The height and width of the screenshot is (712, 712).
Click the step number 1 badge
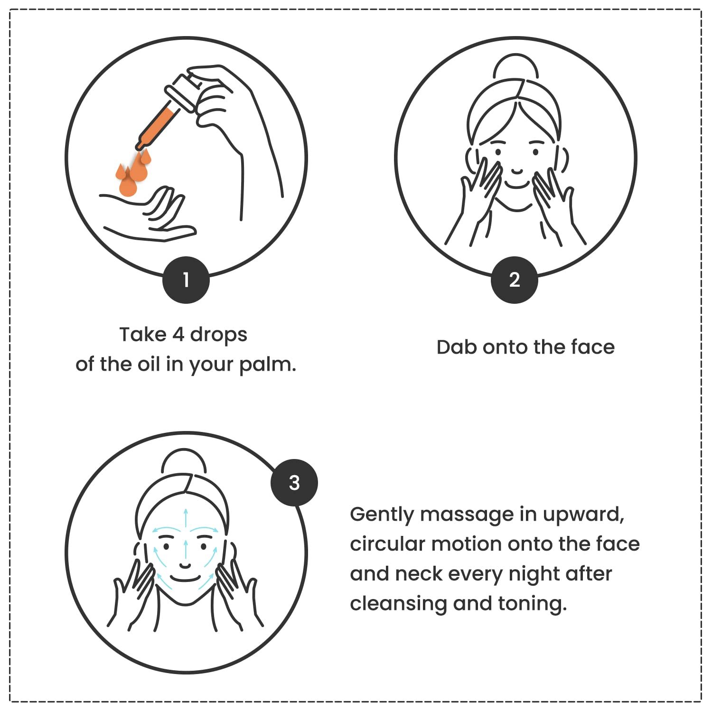186,280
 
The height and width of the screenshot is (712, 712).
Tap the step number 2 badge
515,280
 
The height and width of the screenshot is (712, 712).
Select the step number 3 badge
294,483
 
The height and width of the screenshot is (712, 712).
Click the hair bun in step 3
184,460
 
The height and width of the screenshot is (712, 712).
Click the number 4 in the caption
178,335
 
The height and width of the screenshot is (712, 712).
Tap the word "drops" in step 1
219,335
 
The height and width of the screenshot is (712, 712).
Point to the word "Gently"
382,515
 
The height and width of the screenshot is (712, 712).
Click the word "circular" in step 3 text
387,544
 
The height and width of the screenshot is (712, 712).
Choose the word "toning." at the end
533,604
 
